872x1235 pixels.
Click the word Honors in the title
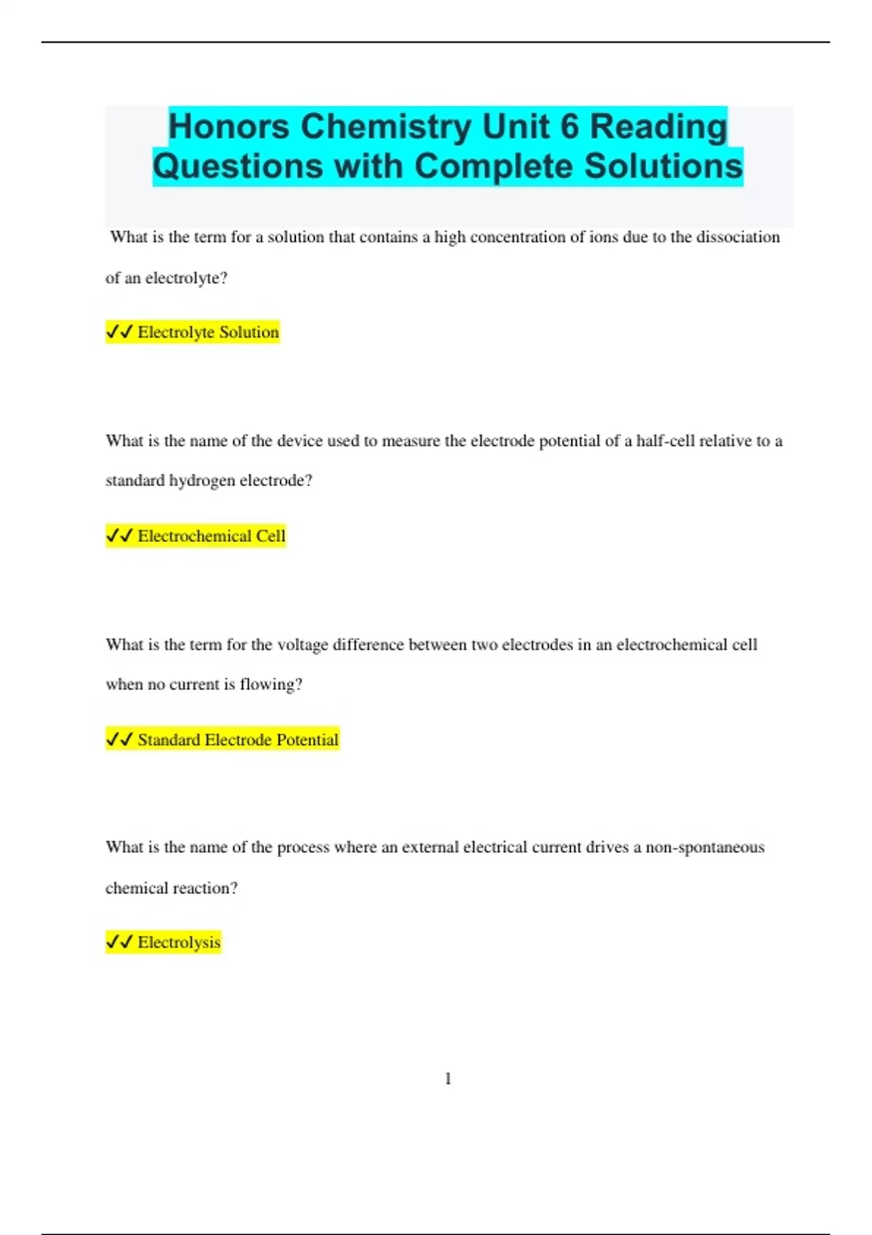pyautogui.click(x=228, y=126)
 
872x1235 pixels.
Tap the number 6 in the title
pyautogui.click(x=569, y=126)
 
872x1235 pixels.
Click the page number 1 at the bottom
pyautogui.click(x=448, y=1079)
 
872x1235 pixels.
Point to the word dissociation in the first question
pyautogui.click(x=738, y=238)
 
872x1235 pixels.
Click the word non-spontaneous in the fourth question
pyautogui.click(x=705, y=847)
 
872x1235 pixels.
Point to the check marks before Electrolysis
pyautogui.click(x=119, y=942)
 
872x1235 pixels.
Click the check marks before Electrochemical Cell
pyautogui.click(x=119, y=536)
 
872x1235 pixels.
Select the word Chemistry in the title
pyautogui.click(x=386, y=126)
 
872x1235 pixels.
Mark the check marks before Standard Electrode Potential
pyautogui.click(x=119, y=740)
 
